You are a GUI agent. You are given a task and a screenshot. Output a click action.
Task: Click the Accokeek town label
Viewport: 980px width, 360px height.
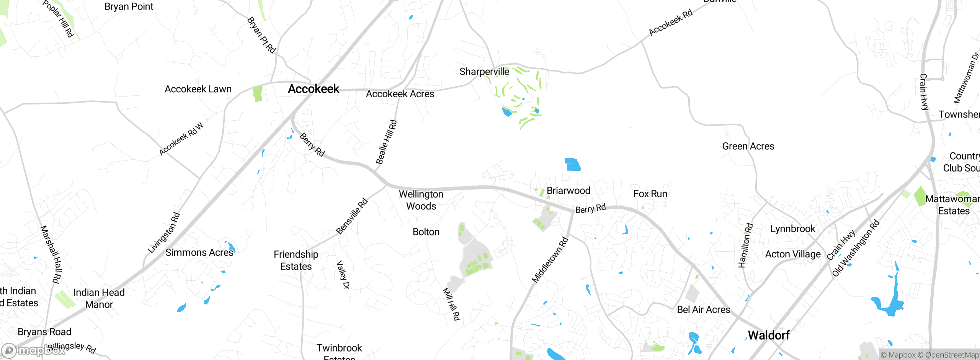pyautogui.click(x=314, y=89)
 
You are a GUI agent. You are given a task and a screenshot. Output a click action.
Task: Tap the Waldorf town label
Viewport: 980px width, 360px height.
pyautogui.click(x=768, y=335)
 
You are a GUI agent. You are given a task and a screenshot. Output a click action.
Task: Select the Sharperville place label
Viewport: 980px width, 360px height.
pyautogui.click(x=484, y=72)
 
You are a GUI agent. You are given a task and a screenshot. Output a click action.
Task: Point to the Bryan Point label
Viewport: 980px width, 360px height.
pyautogui.click(x=129, y=7)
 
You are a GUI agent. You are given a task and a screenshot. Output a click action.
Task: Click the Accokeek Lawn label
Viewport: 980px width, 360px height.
pyautogui.click(x=198, y=89)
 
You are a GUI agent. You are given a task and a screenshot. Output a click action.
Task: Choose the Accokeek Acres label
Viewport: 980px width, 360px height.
pyautogui.click(x=400, y=94)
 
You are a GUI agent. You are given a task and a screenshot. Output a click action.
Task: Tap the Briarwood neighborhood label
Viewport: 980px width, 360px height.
pyautogui.click(x=568, y=191)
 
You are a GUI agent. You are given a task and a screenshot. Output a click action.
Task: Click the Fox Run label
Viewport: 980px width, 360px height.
pyautogui.click(x=650, y=194)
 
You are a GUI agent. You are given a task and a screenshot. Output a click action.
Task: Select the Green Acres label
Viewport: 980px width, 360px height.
pyautogui.click(x=748, y=146)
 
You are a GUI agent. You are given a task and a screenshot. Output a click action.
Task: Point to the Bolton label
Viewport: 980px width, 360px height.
pyautogui.click(x=426, y=232)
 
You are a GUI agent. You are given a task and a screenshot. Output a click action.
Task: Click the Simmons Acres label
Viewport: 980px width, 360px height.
pyautogui.click(x=199, y=253)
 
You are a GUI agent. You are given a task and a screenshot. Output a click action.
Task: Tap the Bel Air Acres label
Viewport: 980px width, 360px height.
pyautogui.click(x=704, y=310)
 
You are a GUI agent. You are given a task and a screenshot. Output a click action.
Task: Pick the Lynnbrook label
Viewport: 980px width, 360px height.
pyautogui.click(x=793, y=229)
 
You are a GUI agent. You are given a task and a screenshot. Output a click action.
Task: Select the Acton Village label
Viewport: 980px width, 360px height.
pyautogui.click(x=793, y=254)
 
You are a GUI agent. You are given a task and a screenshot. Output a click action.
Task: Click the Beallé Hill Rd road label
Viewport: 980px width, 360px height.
pyautogui.click(x=387, y=142)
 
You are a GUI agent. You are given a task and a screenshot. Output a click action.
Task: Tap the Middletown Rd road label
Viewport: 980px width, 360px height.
pyautogui.click(x=550, y=260)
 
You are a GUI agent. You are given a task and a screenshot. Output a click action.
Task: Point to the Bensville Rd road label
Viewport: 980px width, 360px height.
pyautogui.click(x=352, y=216)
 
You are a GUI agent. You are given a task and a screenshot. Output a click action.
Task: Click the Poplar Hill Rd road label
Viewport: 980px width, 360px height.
pyautogui.click(x=58, y=18)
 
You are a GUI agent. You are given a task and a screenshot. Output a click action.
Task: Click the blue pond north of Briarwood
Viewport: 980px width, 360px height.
pyautogui.click(x=573, y=164)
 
